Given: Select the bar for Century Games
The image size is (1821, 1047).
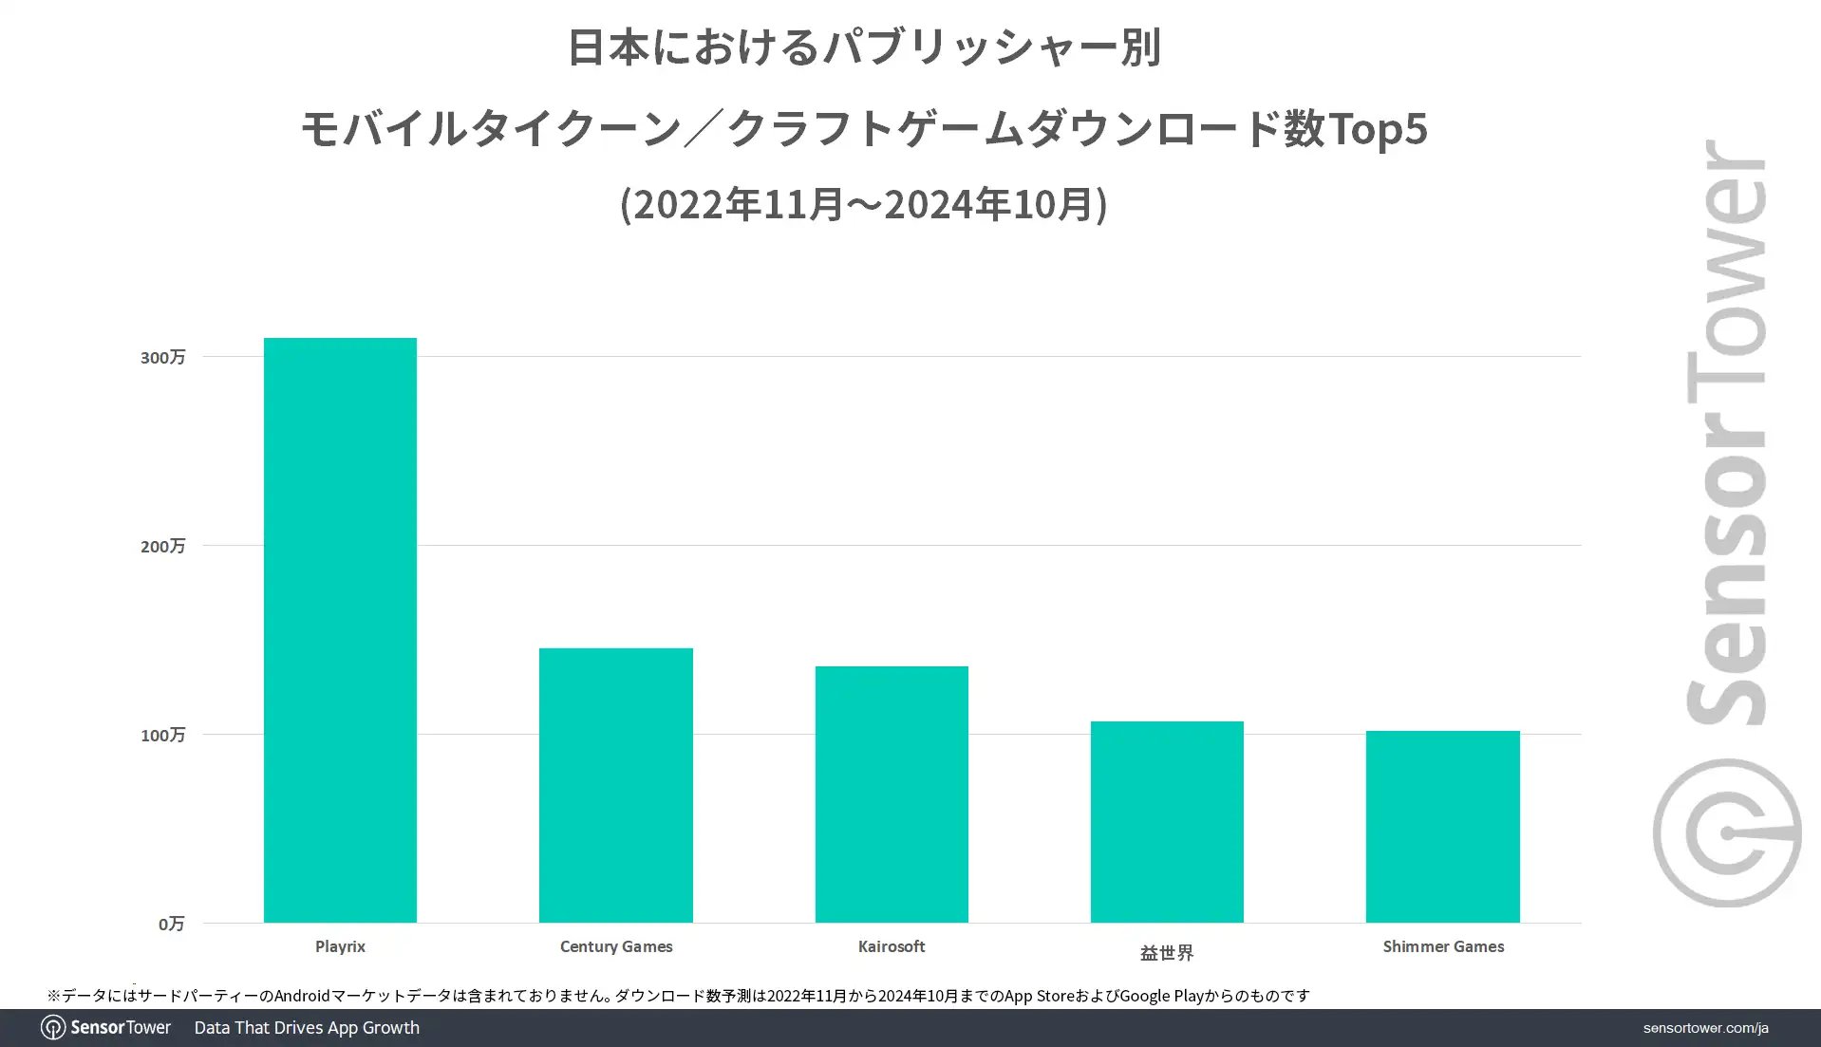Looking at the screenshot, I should (x=615, y=785).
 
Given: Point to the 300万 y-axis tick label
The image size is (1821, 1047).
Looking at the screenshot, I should (x=162, y=357).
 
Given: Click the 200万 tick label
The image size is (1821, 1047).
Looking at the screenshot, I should (x=162, y=546).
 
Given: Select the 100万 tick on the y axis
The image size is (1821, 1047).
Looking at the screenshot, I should (x=162, y=735).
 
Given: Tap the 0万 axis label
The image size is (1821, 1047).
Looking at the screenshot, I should (x=171, y=924).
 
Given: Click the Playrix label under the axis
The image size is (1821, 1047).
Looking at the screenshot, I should (x=340, y=946).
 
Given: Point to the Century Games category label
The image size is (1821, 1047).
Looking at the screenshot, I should (x=615, y=946).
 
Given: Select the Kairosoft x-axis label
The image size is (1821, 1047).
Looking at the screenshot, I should (x=892, y=946).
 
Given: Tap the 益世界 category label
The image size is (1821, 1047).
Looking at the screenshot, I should (x=1167, y=952).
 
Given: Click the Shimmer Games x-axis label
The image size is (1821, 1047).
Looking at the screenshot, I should (x=1443, y=946).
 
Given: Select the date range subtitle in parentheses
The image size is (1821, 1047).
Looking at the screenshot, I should (x=863, y=203).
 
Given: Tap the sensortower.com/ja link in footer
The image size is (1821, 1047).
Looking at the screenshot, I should (x=1705, y=1028).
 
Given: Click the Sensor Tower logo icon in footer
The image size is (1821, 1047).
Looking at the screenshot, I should (x=53, y=1028).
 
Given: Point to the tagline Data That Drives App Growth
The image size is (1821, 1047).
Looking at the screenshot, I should (x=307, y=1028).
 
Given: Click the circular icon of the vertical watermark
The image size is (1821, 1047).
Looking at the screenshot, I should (x=1726, y=832).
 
